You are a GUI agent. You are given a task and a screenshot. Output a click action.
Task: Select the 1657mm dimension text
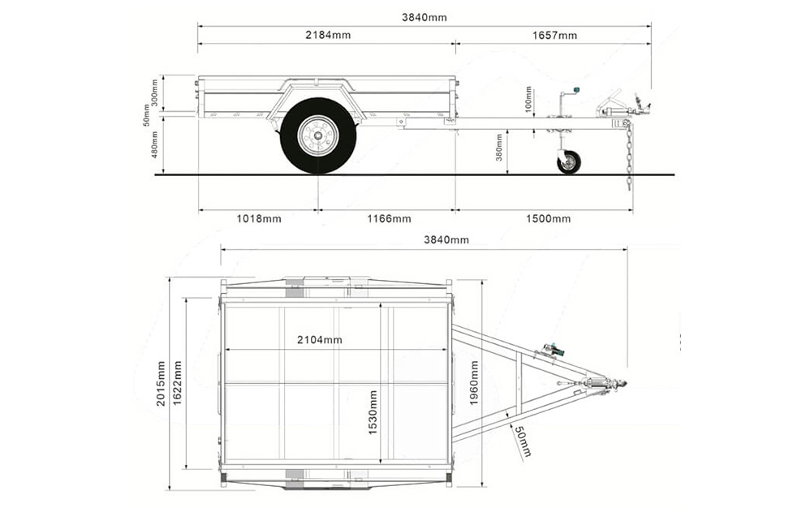(x=555, y=35)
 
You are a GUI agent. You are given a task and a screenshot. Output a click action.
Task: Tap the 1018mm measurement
(x=259, y=218)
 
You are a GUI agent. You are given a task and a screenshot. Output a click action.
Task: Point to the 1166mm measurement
(x=388, y=218)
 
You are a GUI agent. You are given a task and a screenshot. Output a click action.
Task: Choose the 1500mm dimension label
(x=548, y=218)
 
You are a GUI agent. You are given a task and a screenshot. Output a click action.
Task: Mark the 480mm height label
(x=154, y=144)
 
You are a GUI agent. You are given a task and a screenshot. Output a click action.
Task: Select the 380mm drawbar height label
(x=499, y=147)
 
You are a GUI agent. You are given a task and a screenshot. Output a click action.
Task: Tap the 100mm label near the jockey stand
(x=528, y=100)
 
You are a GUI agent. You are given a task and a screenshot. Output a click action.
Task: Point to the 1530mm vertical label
(x=373, y=412)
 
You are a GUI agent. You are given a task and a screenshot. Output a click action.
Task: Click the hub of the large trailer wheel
(x=317, y=136)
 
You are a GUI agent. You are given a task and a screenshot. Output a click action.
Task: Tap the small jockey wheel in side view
(x=568, y=161)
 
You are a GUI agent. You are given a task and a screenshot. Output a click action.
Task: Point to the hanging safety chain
(x=628, y=158)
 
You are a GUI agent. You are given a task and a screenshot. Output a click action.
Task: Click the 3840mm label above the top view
(x=446, y=239)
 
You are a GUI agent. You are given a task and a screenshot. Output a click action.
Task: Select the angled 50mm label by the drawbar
(x=521, y=441)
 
